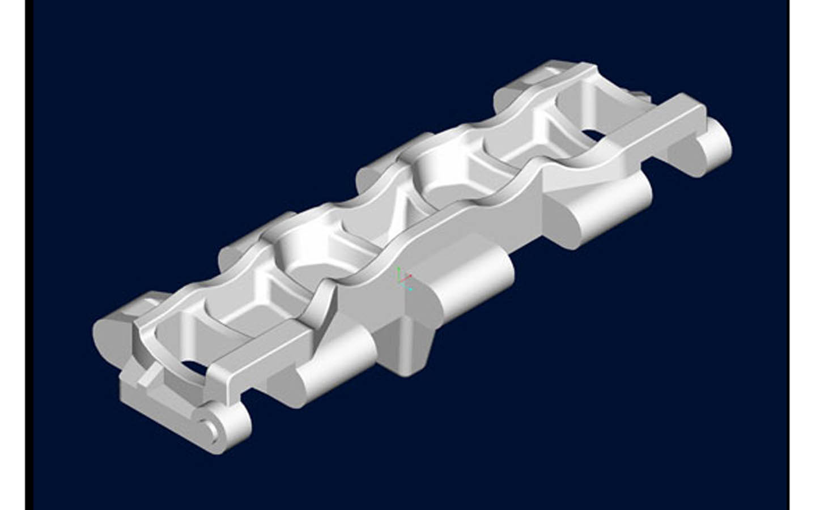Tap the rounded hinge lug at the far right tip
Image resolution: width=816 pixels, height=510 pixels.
click(715, 144)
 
